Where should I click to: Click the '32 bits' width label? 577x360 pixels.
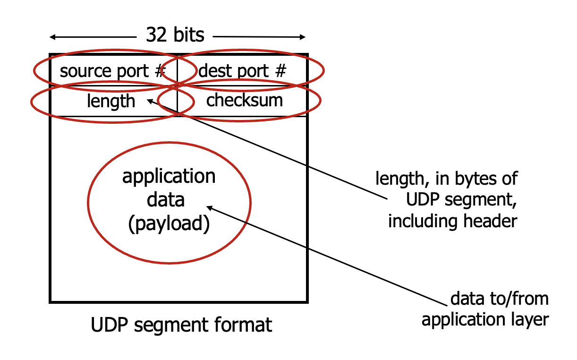tap(175, 35)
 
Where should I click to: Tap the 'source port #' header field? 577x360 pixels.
tap(113, 72)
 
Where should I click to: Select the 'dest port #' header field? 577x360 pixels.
tap(242, 72)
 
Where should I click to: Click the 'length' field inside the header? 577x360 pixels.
tap(111, 101)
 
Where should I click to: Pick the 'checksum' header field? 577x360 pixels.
tap(245, 100)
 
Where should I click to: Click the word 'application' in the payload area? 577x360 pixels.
tap(169, 176)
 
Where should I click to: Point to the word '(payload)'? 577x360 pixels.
tap(169, 223)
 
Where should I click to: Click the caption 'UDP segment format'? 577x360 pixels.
tap(181, 325)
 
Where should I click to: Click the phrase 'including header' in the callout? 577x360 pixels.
tap(452, 221)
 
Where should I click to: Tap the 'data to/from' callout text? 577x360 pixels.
tap(500, 299)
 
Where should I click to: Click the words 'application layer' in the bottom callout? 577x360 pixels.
tap(485, 320)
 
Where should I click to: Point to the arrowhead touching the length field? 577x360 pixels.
tap(150, 101)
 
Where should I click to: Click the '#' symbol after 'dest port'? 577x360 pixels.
tap(280, 72)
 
